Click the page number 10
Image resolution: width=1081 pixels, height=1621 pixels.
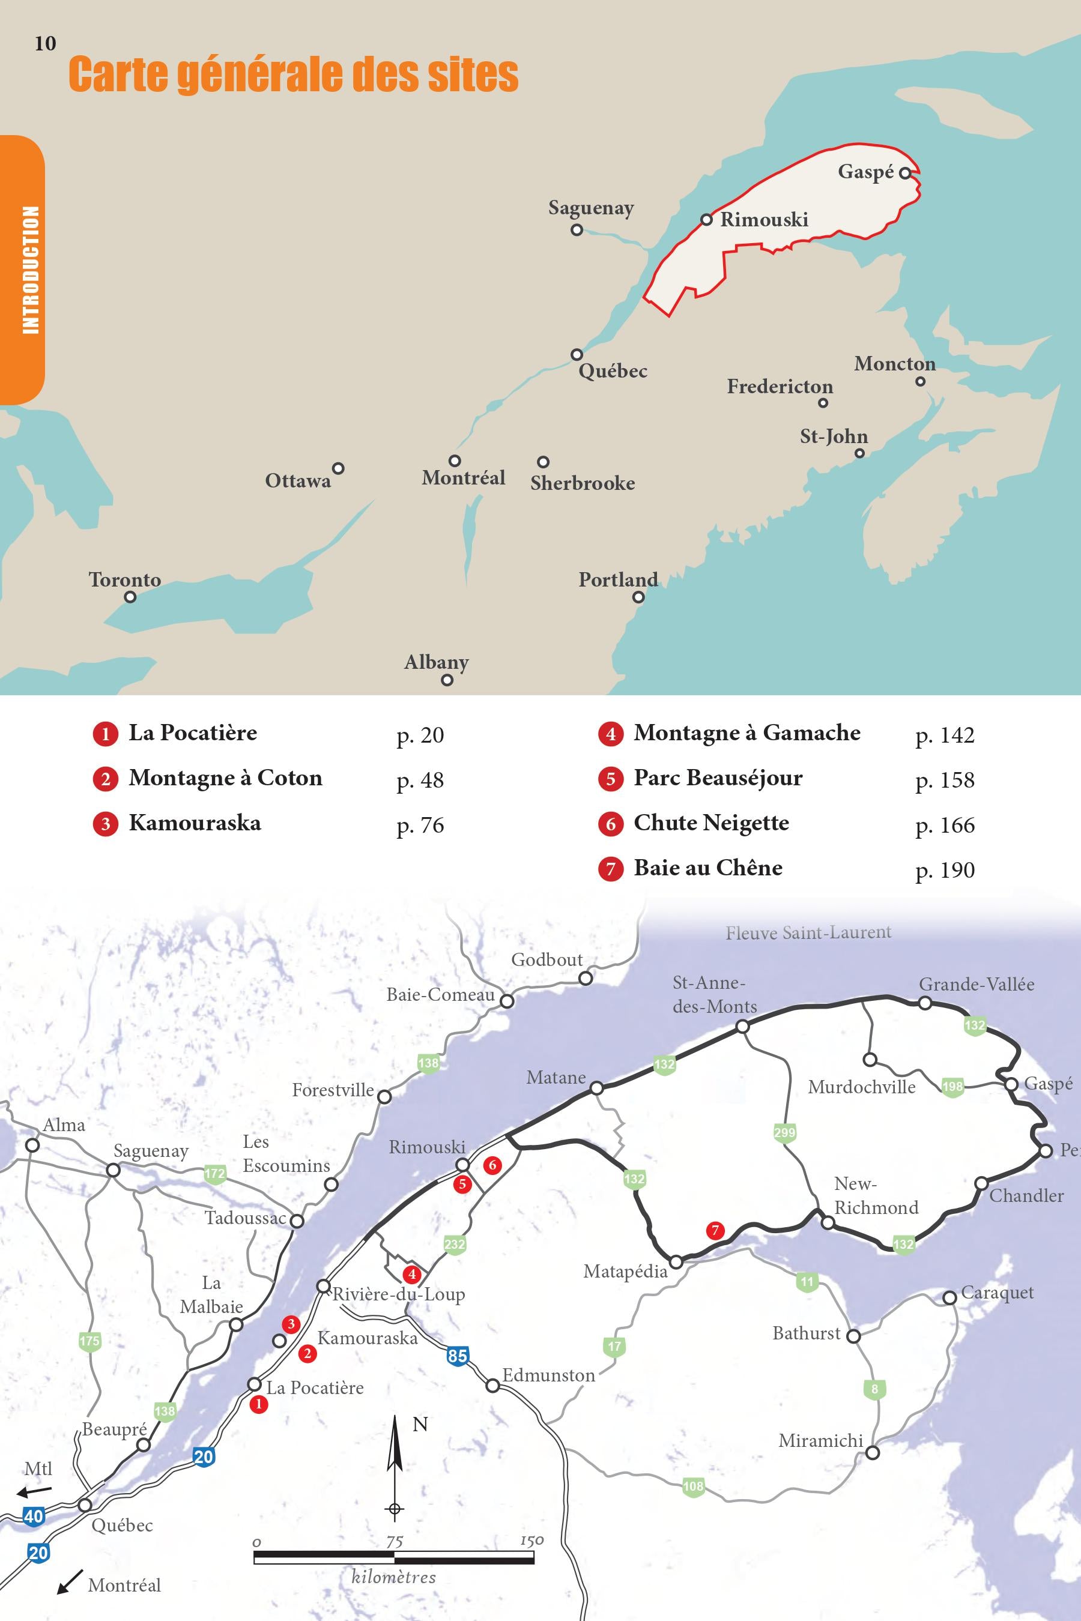pos(45,43)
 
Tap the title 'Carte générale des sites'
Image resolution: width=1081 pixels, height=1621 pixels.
pos(293,74)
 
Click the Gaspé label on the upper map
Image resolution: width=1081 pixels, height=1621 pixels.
pos(865,171)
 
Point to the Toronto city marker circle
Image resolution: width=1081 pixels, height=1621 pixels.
pos(130,597)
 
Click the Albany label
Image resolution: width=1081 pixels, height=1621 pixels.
pos(436,662)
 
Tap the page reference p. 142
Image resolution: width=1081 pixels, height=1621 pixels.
pos(945,735)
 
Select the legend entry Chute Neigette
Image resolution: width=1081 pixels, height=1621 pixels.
pos(711,823)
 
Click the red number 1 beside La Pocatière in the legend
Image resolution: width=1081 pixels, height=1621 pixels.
pos(106,734)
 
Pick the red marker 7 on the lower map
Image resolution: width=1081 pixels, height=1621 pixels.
pos(715,1230)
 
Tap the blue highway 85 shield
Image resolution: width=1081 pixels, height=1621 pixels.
pos(457,1356)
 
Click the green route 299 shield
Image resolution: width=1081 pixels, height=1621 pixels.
pos(784,1132)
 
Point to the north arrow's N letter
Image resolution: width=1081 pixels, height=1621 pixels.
pos(420,1425)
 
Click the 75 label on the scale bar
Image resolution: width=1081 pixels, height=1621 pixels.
pos(395,1541)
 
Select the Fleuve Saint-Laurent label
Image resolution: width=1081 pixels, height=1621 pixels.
pos(808,933)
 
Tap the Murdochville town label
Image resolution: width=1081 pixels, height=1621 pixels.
pos(861,1087)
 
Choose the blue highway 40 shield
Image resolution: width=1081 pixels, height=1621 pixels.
pos(33,1517)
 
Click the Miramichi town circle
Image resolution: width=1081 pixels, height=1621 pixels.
pos(872,1453)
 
